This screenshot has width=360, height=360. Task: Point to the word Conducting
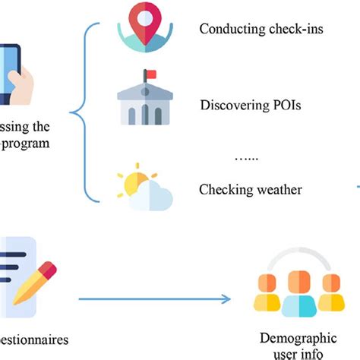click(226, 30)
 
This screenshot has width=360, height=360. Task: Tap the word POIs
click(286, 104)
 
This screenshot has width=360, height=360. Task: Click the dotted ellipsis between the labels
click(246, 157)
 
